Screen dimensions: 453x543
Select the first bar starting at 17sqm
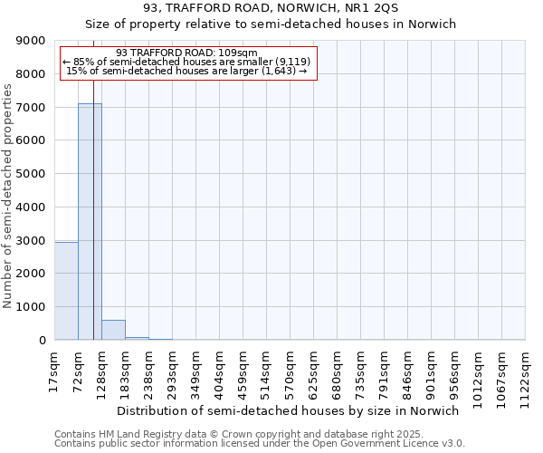coord(66,291)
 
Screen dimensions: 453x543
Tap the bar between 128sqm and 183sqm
coord(113,330)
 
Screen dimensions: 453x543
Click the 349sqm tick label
coord(195,373)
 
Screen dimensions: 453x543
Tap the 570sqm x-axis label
coord(290,373)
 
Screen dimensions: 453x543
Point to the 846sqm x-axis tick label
coord(407,373)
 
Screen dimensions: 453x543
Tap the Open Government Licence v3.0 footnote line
coord(260,444)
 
